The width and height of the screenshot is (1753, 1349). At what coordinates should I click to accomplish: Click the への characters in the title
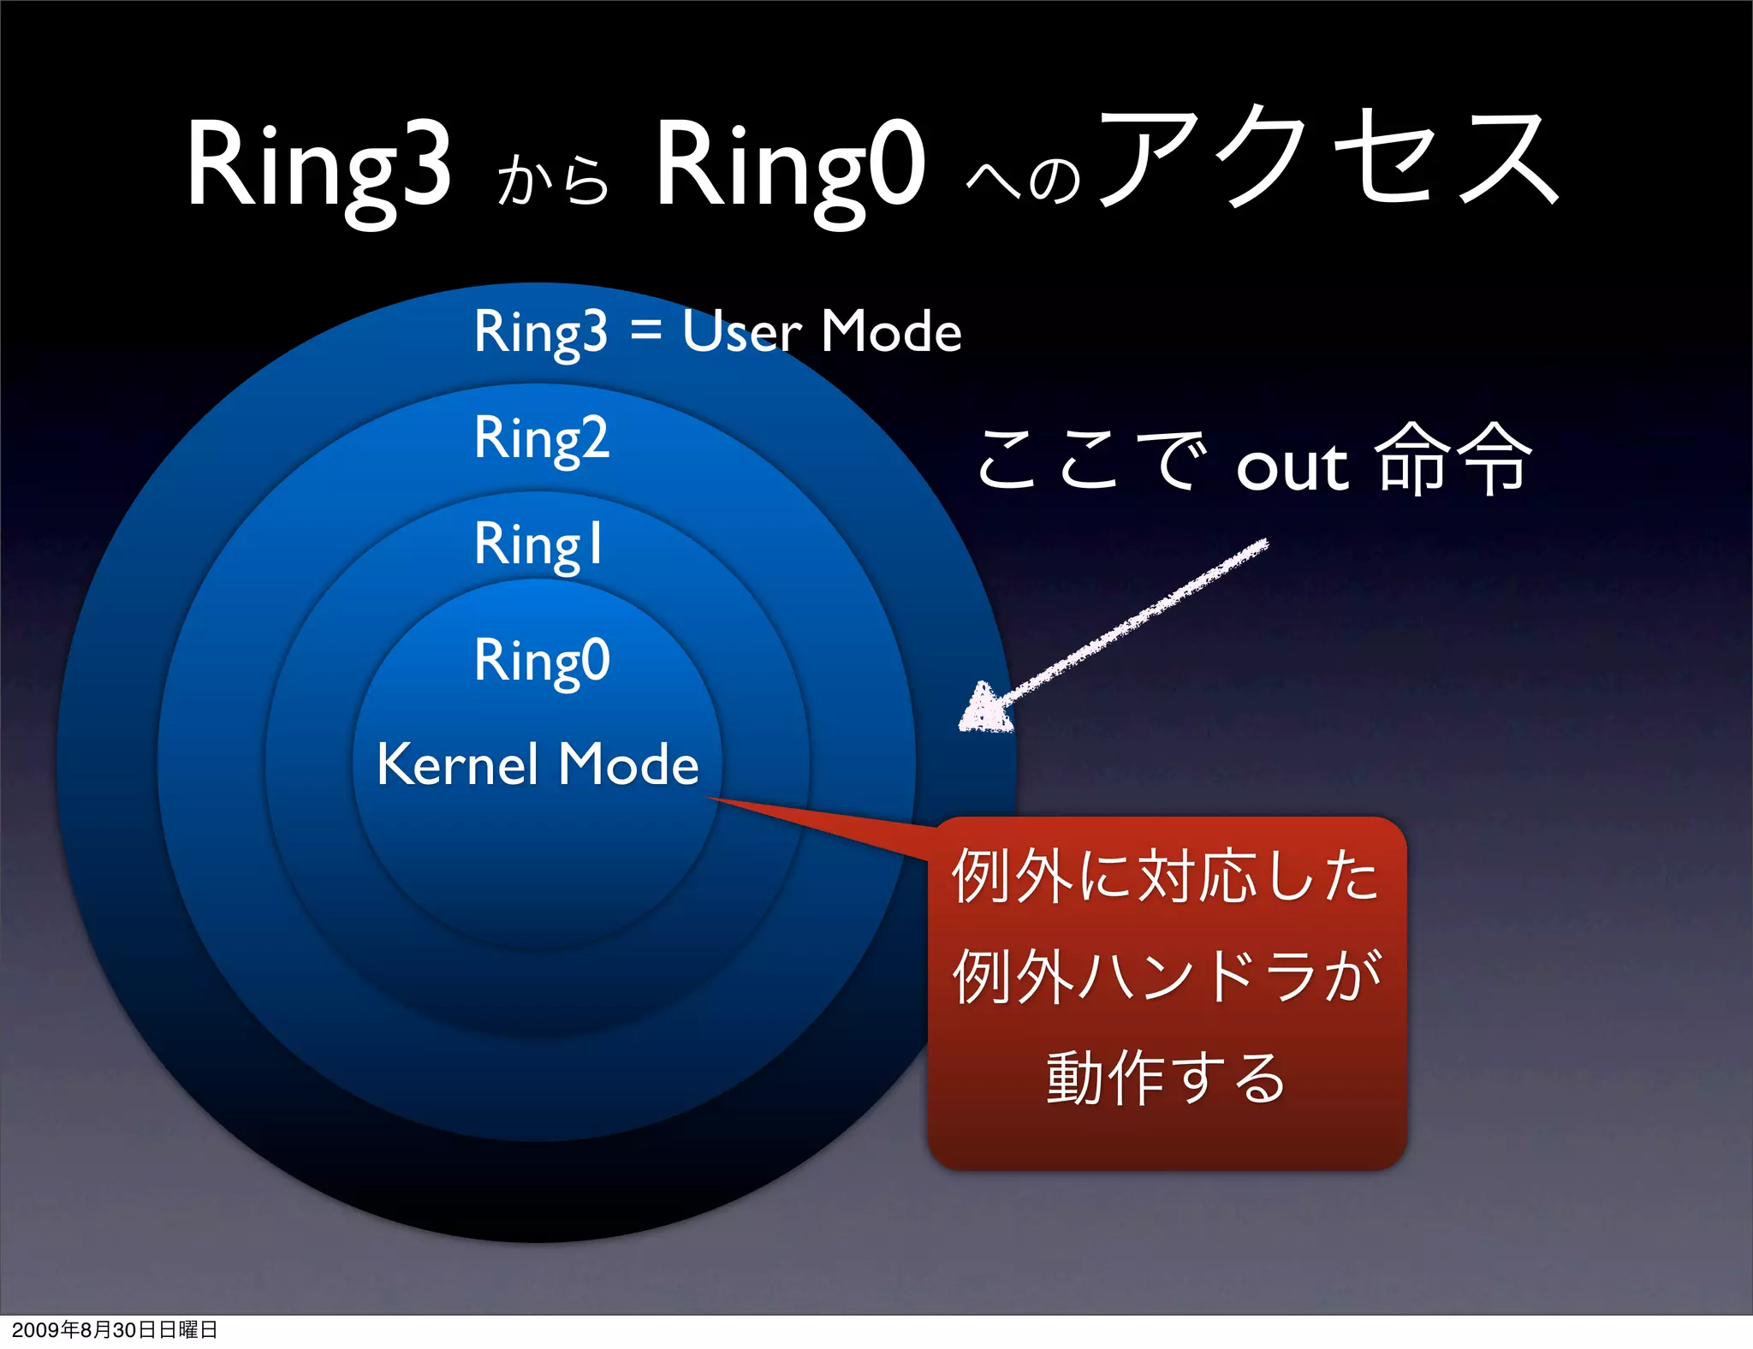tap(1024, 180)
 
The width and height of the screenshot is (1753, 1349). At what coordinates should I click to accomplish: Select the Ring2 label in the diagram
tap(542, 438)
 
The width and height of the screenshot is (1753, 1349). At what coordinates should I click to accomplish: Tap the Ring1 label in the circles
tap(539, 544)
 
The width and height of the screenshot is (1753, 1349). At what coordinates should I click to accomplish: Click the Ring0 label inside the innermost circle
tap(542, 661)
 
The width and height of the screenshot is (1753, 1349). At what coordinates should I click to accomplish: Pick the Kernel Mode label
tap(538, 764)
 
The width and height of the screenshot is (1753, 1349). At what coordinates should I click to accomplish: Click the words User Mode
tap(822, 331)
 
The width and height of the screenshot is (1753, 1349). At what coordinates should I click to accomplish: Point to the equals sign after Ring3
tap(645, 331)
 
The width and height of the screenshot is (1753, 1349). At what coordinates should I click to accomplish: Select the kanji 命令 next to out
tap(1452, 461)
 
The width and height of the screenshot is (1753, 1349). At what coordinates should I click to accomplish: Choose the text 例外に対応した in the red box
tap(1166, 875)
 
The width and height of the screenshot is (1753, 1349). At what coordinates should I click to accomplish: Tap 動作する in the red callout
tap(1166, 1077)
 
